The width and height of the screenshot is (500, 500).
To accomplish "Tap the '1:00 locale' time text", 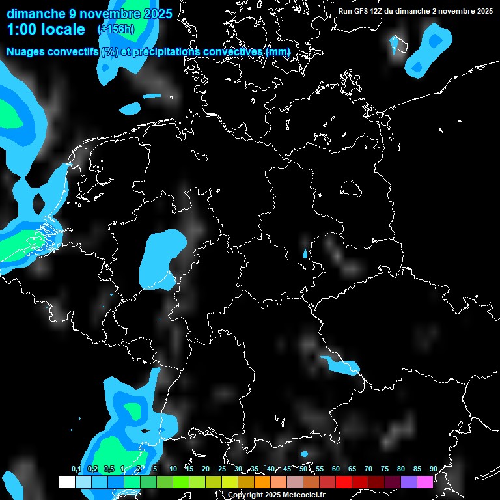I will [x=46, y=29].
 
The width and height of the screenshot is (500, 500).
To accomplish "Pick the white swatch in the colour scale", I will [x=67, y=482].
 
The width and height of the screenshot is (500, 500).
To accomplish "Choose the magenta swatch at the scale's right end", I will [x=425, y=482].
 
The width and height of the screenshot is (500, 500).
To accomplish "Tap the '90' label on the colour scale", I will [x=433, y=469].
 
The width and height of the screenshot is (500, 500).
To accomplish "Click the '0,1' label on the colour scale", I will [x=76, y=469].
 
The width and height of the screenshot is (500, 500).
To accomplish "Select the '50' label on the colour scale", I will [x=303, y=469].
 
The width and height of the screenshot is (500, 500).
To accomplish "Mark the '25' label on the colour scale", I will [x=222, y=469].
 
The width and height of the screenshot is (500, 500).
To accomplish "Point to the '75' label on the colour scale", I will [x=385, y=469].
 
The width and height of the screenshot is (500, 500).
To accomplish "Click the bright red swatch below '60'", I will [x=344, y=482].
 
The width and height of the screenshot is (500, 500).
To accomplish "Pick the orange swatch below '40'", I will [x=262, y=482].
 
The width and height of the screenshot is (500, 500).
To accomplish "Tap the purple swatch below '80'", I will [x=409, y=482].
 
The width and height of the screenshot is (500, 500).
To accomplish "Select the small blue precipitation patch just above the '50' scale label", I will [x=304, y=454].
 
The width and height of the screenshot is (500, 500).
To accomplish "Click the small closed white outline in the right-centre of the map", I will [x=352, y=188].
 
